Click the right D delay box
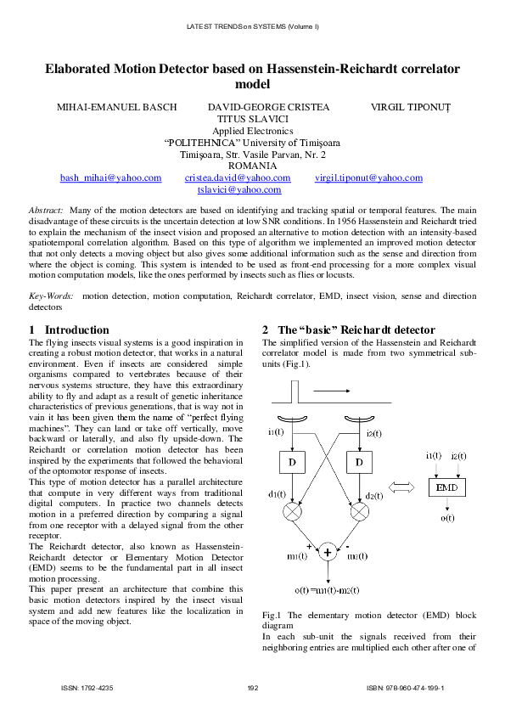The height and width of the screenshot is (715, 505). tap(358, 462)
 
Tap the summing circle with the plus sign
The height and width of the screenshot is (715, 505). tap(327, 552)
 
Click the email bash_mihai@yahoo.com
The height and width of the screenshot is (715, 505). tap(110, 177)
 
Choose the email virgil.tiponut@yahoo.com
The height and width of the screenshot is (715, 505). tap(368, 177)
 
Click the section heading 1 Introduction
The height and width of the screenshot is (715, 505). tap(69, 329)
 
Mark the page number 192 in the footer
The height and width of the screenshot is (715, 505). tap(252, 688)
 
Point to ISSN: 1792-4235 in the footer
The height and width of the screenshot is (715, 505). tap(87, 688)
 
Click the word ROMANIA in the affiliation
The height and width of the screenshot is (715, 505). tap(253, 166)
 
